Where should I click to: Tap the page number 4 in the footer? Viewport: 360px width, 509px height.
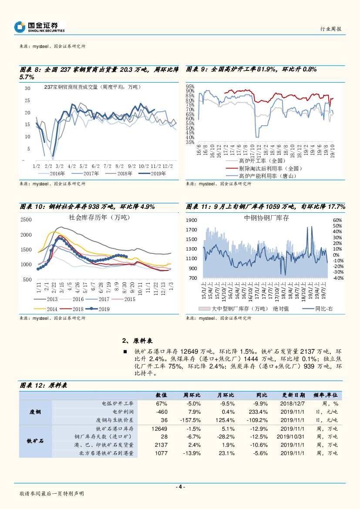pyautogui.click(x=180, y=487)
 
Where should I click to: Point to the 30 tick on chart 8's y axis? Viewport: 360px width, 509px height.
pyautogui.click(x=27, y=88)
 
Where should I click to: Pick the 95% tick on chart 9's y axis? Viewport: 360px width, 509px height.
pyautogui.click(x=190, y=86)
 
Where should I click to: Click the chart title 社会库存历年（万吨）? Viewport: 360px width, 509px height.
pyautogui.click(x=100, y=217)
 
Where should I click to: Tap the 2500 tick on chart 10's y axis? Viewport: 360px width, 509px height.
pyautogui.click(x=26, y=220)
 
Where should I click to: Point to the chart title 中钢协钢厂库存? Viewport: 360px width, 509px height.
pyautogui.click(x=267, y=218)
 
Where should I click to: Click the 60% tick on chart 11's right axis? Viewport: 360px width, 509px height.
pyautogui.click(x=337, y=221)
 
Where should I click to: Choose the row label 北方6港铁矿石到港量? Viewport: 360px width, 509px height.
pyautogui.click(x=107, y=453)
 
